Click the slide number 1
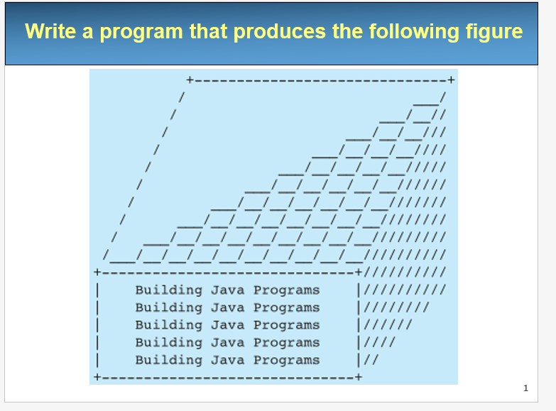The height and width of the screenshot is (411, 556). coord(525,388)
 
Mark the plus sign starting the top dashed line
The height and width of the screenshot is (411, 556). coord(190,80)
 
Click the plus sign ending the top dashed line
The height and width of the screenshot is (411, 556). coord(450,80)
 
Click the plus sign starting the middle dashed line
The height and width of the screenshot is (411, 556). coord(97,271)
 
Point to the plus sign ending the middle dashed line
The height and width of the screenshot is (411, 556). coord(358,271)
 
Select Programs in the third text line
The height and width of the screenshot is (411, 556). coord(286,325)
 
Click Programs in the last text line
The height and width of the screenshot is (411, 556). coord(286,360)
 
